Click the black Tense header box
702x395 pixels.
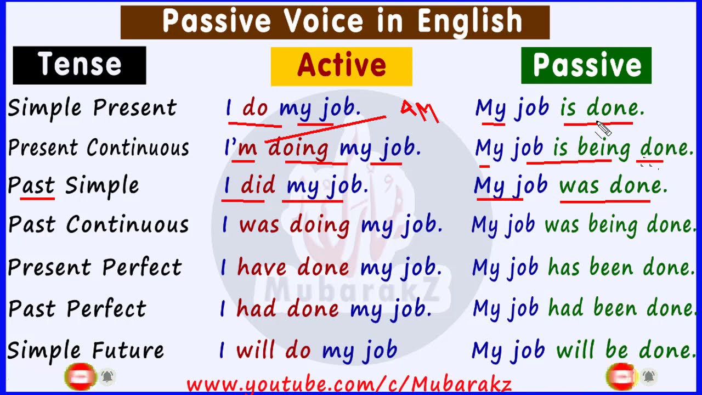coord(80,65)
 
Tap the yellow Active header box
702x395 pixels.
coord(341,66)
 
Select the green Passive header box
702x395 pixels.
coord(586,65)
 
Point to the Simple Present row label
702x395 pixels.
coord(92,108)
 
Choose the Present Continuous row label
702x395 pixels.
coord(99,148)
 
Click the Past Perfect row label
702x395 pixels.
coord(77,309)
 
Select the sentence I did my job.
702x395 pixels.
coord(295,186)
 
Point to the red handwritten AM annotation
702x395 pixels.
coord(420,111)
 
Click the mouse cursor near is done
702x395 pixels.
coord(603,129)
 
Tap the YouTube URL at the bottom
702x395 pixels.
coord(349,385)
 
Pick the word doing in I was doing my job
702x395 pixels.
coord(320,225)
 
